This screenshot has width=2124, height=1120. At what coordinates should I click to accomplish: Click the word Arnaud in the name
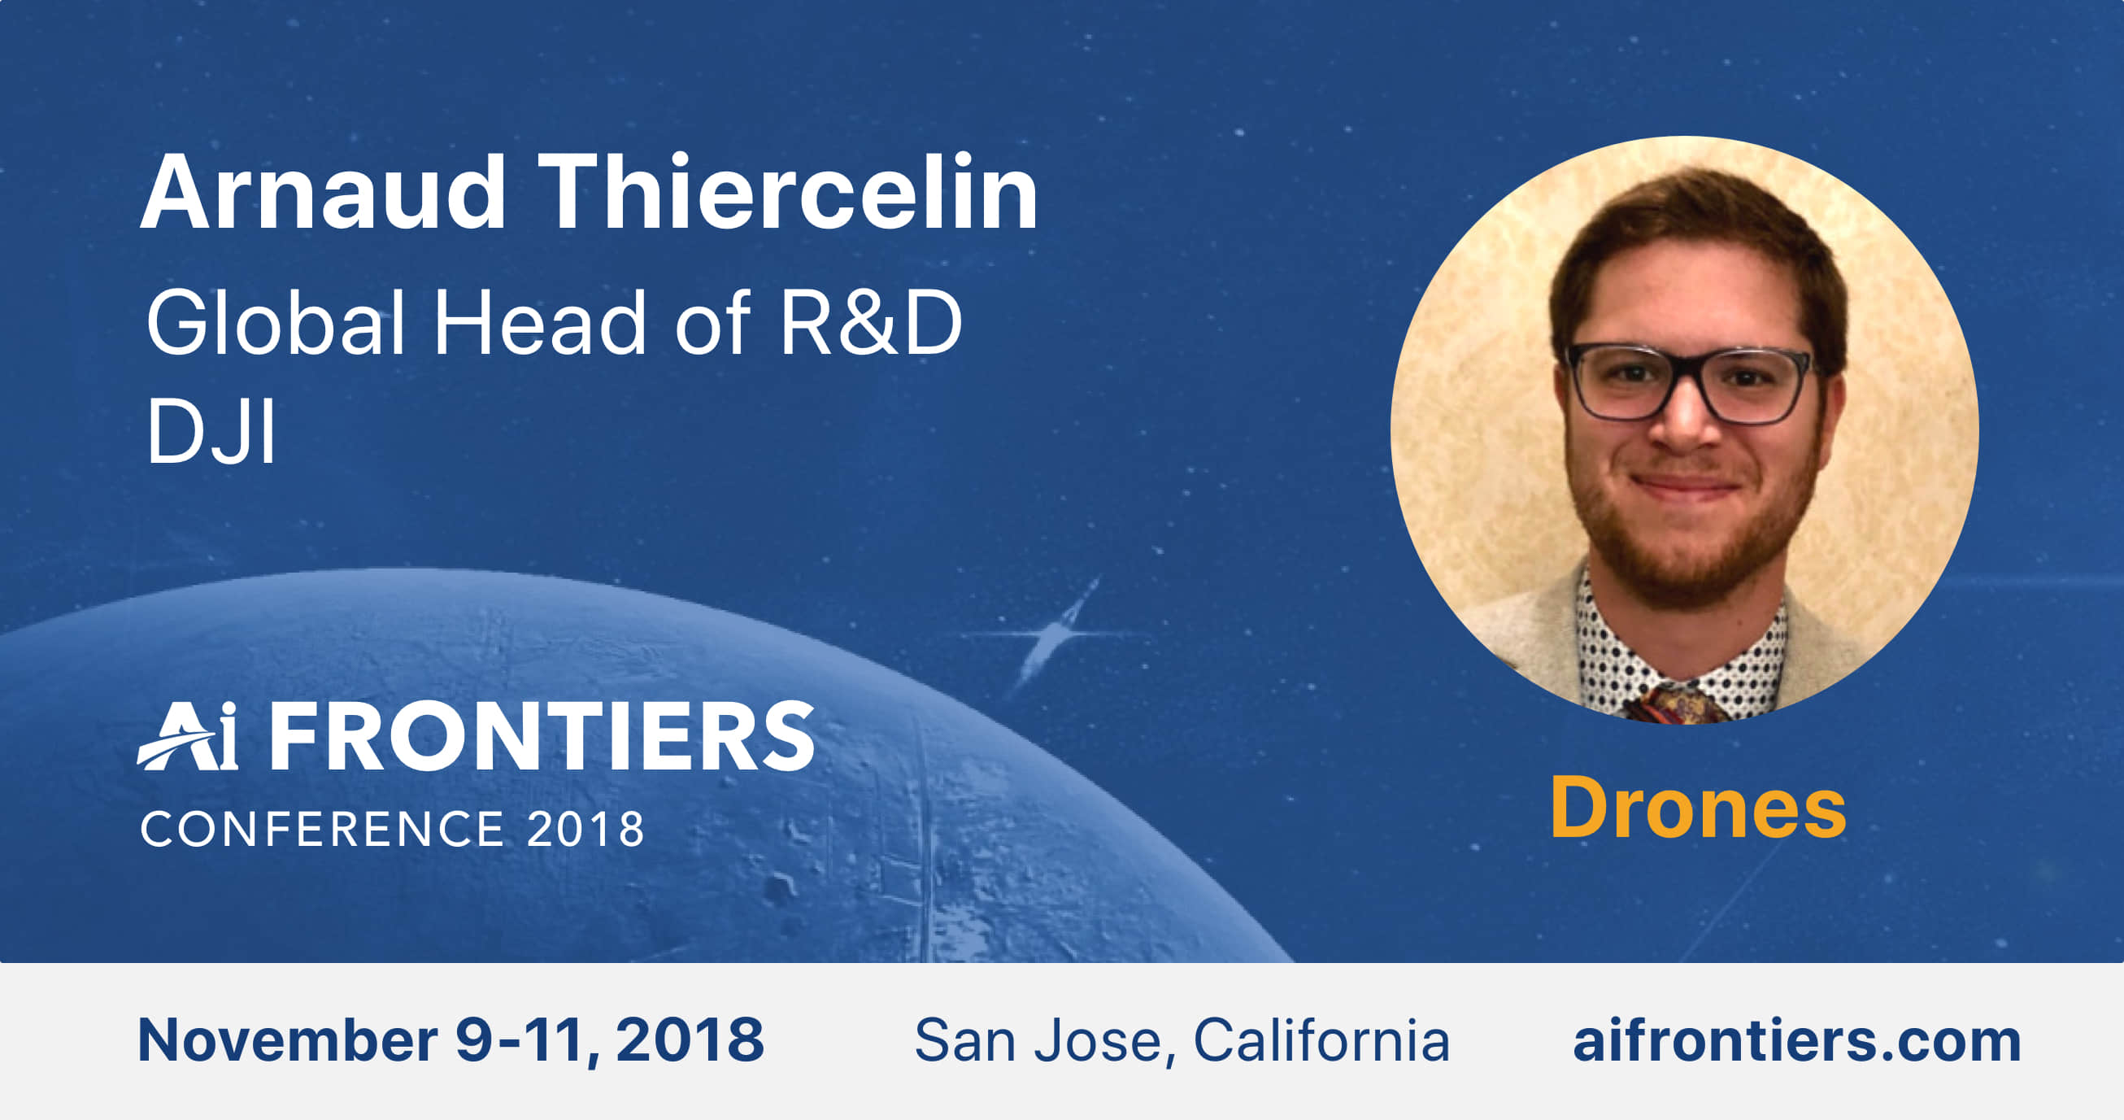point(322,192)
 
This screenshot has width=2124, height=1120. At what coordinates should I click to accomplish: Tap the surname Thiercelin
point(787,191)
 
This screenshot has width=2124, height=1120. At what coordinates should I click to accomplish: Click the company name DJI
point(211,431)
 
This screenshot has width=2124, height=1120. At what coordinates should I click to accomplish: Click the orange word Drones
point(1698,808)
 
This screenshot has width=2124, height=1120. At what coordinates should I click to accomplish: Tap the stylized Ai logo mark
point(189,735)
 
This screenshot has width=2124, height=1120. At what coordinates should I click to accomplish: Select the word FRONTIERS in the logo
point(542,735)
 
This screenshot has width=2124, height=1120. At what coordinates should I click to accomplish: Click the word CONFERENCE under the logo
point(322,829)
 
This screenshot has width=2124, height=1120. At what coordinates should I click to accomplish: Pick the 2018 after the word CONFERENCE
point(585,829)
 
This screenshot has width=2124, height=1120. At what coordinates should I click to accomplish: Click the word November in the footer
point(288,1040)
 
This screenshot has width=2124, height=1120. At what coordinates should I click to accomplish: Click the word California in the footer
point(1321,1040)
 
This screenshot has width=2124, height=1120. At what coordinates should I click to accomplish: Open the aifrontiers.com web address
point(1797,1040)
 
